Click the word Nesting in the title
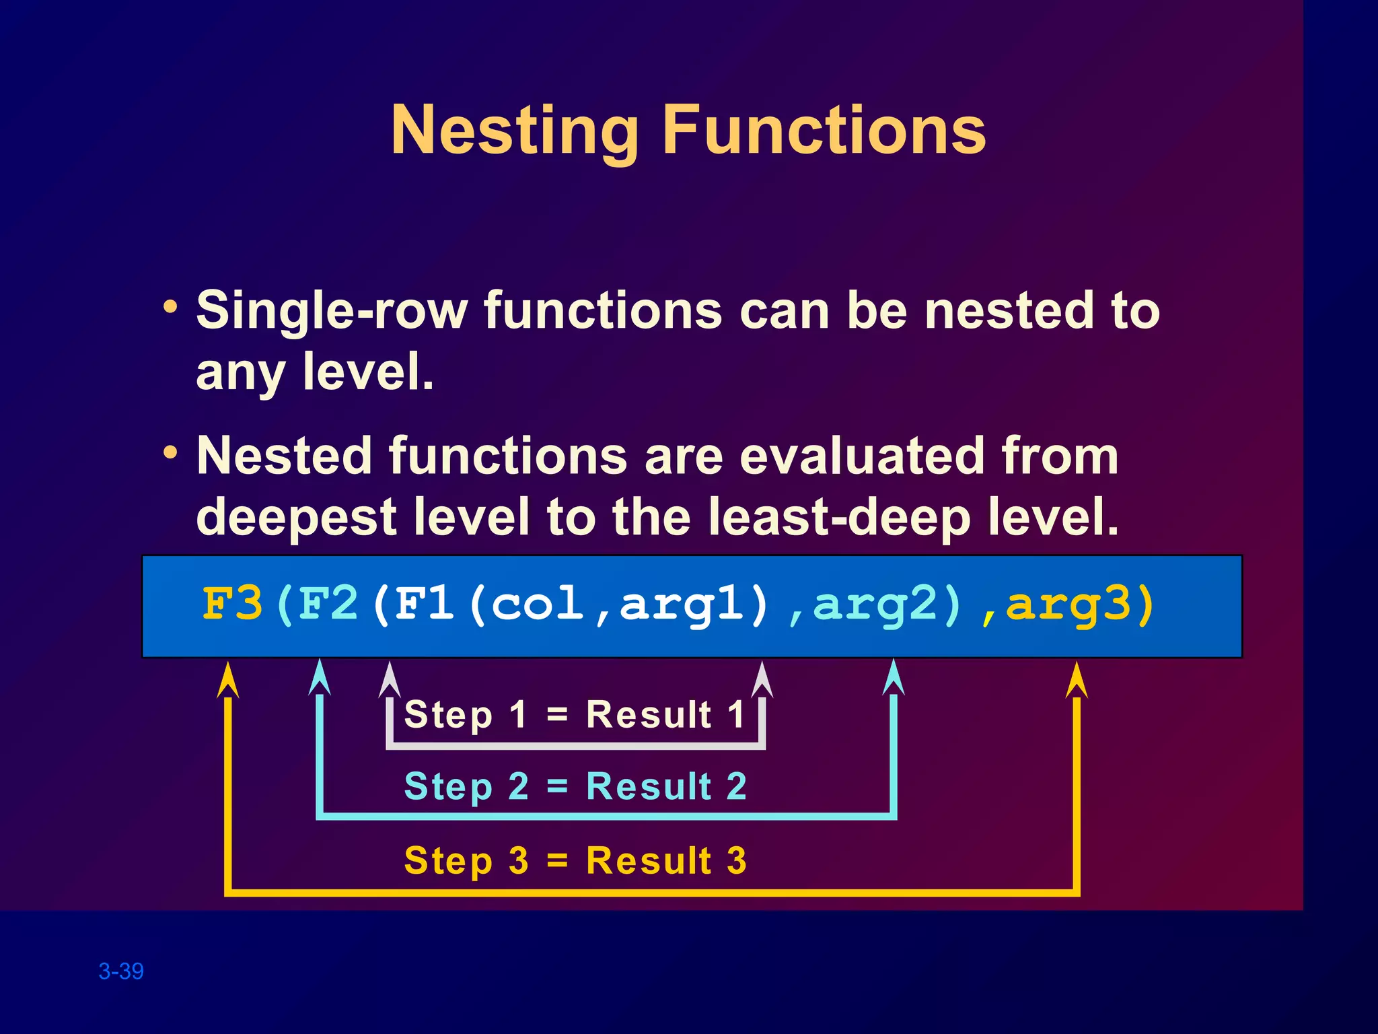coord(515,131)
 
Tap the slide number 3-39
coord(121,971)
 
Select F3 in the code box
coord(232,604)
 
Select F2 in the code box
coord(328,604)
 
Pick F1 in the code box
coord(425,604)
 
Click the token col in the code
coord(537,604)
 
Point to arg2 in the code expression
coord(875,604)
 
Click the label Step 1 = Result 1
coord(575,714)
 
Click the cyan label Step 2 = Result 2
coord(575,786)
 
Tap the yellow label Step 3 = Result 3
coord(575,860)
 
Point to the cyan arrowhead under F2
coord(320,679)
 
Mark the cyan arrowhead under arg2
coord(894,679)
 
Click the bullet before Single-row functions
coord(171,308)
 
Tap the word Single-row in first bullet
coord(331,311)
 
